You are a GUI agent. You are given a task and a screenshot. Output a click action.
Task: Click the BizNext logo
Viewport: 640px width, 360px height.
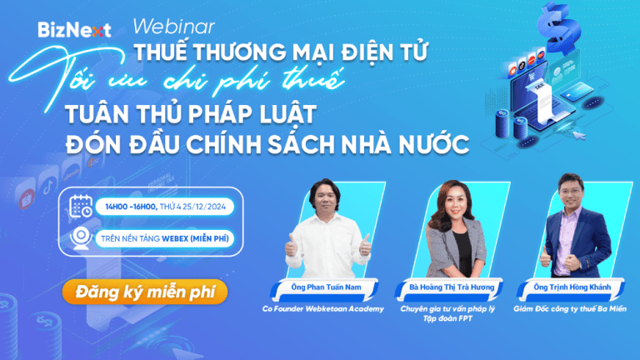[74, 30]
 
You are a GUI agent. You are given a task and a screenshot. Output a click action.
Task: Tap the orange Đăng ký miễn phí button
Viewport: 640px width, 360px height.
[144, 292]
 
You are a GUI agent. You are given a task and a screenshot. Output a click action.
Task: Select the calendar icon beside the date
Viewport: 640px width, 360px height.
[80, 207]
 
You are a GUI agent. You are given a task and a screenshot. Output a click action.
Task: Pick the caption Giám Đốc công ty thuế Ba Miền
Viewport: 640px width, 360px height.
[579, 309]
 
